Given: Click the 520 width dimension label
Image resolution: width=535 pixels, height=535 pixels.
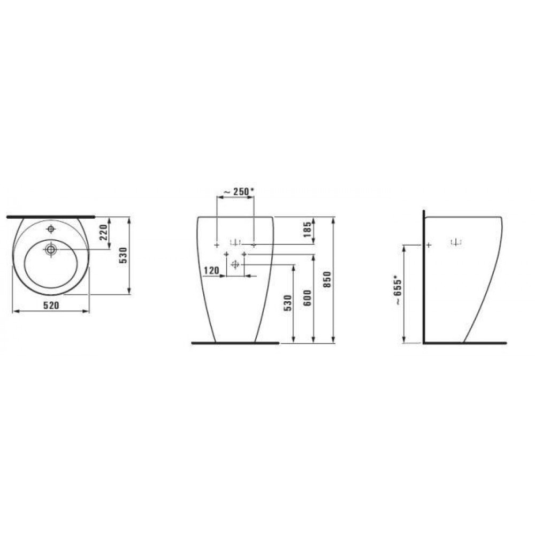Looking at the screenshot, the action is click(51, 305).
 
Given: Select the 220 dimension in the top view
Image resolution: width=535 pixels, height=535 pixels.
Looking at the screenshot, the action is click(104, 232).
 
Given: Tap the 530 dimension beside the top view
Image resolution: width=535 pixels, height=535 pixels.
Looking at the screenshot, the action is click(123, 255).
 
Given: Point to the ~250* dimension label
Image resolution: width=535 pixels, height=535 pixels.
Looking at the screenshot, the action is click(239, 192).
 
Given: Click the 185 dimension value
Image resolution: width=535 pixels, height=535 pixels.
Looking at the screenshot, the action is click(307, 230).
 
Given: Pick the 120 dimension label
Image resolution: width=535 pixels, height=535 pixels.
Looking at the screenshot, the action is click(211, 271).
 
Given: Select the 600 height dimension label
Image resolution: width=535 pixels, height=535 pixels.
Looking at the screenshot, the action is click(308, 297).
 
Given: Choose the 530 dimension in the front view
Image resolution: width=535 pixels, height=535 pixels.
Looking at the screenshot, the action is click(288, 303).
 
